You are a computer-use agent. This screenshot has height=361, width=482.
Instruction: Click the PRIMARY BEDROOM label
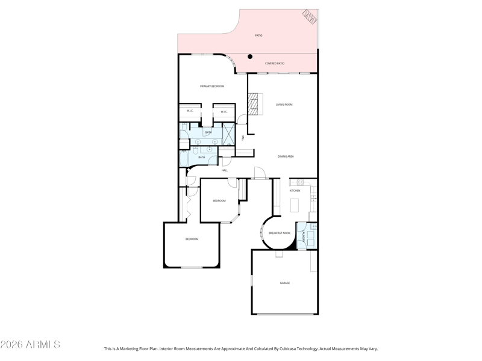[212, 87]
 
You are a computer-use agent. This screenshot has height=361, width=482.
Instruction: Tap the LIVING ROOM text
[284, 105]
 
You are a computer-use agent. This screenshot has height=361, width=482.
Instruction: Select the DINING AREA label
[286, 156]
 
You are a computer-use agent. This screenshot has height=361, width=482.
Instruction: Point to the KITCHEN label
[295, 191]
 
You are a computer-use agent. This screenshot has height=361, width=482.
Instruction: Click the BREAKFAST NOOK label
[280, 233]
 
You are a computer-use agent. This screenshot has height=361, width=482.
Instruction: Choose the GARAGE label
[284, 283]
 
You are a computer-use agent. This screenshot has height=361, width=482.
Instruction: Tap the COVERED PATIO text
[275, 63]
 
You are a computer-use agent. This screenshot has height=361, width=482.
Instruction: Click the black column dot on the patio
[250, 57]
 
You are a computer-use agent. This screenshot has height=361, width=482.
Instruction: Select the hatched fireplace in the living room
[257, 104]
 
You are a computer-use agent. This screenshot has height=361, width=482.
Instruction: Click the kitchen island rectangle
[295, 205]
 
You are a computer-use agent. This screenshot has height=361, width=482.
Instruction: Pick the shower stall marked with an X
[228, 133]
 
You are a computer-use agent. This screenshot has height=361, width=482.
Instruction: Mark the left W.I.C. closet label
[190, 111]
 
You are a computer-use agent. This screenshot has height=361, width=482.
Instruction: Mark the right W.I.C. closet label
[224, 111]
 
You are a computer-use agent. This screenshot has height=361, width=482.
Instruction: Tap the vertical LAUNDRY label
[303, 235]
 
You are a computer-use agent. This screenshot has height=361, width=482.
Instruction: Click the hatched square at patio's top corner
[310, 16]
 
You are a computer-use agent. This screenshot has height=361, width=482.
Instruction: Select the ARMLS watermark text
[30, 345]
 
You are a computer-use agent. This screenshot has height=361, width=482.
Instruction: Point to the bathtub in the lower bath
[184, 158]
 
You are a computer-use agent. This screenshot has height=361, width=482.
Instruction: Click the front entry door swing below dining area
[260, 174]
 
